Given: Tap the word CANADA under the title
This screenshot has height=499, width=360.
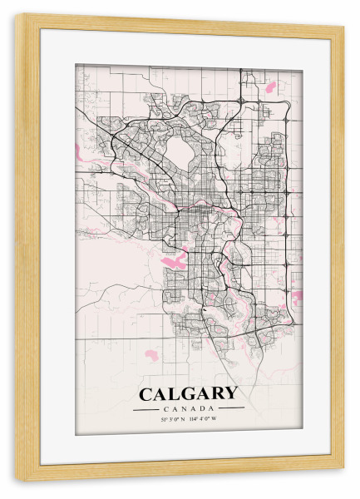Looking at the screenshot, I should pyautogui.click(x=189, y=408).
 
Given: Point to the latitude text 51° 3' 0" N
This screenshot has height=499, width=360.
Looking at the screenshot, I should pyautogui.click(x=172, y=418).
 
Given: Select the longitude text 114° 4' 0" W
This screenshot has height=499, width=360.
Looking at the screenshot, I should pyautogui.click(x=206, y=418).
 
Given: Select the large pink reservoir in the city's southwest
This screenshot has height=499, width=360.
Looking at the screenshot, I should pyautogui.click(x=170, y=263).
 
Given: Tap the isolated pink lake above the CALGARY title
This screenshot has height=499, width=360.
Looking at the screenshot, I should pyautogui.click(x=150, y=354).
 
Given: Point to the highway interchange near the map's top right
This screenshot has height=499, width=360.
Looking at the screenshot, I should pyautogui.click(x=241, y=100).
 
